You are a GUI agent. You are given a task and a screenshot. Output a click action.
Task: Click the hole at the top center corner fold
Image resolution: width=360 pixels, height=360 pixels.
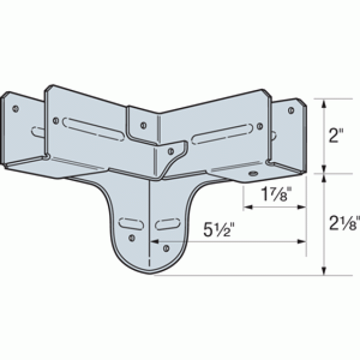(x=144, y=125)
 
